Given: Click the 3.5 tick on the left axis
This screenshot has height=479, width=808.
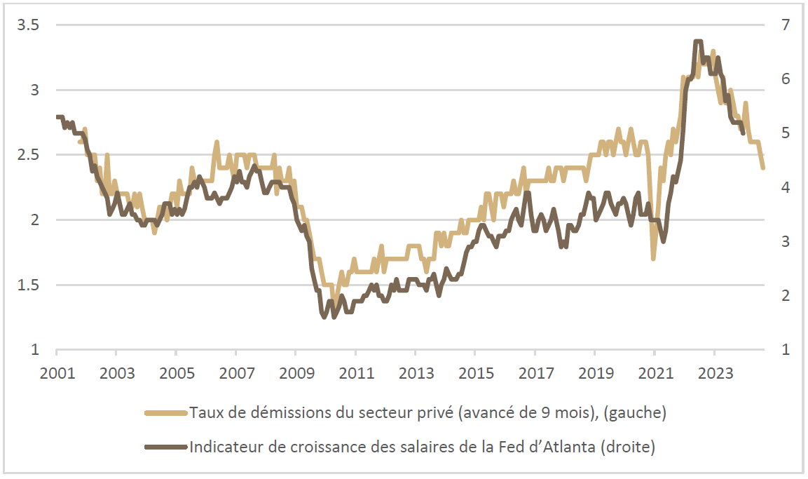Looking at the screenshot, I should (27, 25).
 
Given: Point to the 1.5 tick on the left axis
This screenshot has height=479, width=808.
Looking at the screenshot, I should (27, 285).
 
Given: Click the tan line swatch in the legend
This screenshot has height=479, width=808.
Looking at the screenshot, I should (166, 413).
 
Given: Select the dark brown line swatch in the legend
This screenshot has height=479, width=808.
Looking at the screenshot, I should (166, 447).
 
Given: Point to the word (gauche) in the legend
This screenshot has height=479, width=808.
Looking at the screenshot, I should (635, 413).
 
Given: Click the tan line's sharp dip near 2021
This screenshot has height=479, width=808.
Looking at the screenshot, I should (653, 258).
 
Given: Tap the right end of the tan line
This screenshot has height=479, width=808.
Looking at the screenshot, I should (762, 168).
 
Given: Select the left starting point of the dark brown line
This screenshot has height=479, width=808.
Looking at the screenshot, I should (57, 117).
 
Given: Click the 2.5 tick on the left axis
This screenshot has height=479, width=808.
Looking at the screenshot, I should (27, 155).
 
